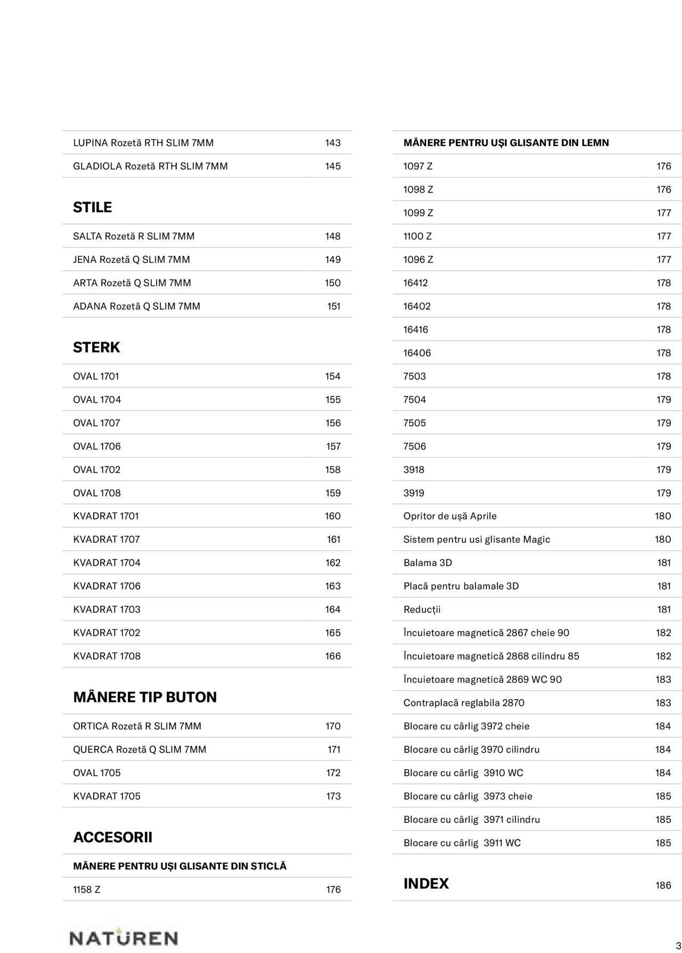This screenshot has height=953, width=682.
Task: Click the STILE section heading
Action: [x=92, y=207]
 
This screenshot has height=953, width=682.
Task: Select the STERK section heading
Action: [x=96, y=347]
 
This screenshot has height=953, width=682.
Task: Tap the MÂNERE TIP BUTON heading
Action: [x=145, y=697]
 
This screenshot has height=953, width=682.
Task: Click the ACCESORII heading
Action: [x=112, y=837]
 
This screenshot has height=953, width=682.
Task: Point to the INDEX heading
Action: [x=426, y=884]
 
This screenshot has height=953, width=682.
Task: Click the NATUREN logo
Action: [x=124, y=938]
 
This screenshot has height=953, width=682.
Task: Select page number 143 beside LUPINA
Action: [x=333, y=143]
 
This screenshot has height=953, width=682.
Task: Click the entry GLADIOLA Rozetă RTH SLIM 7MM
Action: [x=150, y=166]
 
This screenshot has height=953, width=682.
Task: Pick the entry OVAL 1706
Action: [x=97, y=446]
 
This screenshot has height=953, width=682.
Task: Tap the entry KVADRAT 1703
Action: [x=107, y=610]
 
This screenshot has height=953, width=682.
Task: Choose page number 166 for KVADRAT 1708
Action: [x=333, y=656]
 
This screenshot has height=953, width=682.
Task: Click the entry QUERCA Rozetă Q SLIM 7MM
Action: [x=140, y=749]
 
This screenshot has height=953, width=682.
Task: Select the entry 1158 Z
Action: [x=87, y=890]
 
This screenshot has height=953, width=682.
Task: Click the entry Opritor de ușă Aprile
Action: [x=450, y=516]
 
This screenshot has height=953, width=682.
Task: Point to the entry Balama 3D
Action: [x=428, y=563]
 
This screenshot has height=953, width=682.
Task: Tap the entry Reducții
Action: [x=422, y=610]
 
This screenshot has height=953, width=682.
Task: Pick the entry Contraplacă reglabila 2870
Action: [x=464, y=703]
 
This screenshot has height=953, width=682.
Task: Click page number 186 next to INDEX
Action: [x=663, y=885]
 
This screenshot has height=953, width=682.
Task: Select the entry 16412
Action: [x=416, y=283]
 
